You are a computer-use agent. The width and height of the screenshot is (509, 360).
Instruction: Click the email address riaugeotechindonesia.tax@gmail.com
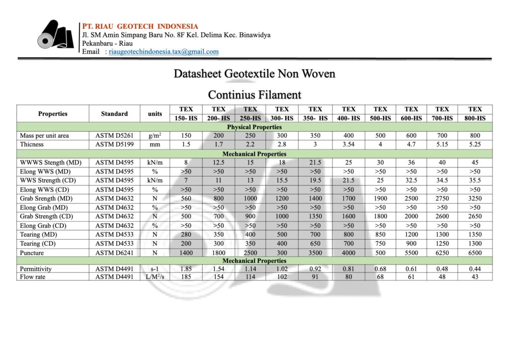click(x=164, y=52)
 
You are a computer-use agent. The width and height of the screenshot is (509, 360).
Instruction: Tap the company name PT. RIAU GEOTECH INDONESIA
click(x=140, y=26)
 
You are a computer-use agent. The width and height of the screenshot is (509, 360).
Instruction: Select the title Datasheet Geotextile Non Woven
click(x=254, y=74)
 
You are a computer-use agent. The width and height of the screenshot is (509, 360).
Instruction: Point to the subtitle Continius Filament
click(x=254, y=94)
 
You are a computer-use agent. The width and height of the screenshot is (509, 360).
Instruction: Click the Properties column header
click(x=53, y=114)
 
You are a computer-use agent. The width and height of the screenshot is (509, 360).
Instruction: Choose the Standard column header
click(x=114, y=114)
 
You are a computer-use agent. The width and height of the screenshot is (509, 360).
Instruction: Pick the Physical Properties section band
click(x=254, y=127)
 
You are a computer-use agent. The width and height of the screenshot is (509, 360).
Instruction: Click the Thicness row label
click(x=32, y=145)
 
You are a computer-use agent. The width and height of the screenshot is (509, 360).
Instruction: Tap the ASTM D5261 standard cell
click(x=114, y=136)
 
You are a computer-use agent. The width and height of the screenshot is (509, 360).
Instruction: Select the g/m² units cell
click(x=155, y=136)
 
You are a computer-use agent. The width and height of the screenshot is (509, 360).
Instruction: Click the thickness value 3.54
click(x=348, y=145)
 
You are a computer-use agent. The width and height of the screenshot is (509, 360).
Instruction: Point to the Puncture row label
click(x=32, y=253)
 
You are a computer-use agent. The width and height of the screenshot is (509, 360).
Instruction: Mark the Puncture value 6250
click(x=442, y=253)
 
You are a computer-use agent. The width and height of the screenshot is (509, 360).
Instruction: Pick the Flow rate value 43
click(x=475, y=277)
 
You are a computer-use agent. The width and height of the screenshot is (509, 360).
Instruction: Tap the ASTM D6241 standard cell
click(x=114, y=253)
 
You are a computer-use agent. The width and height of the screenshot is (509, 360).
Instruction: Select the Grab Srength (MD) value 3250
click(x=475, y=199)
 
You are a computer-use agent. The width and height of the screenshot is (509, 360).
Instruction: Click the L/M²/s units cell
click(x=155, y=277)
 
